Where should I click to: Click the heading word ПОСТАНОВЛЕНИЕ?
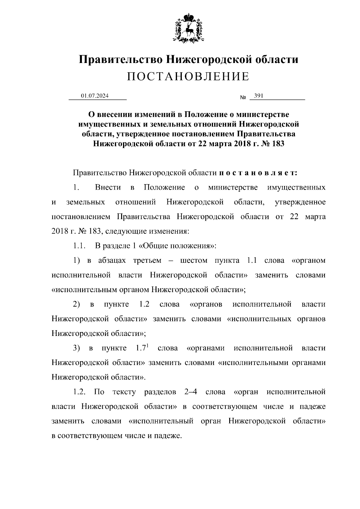pyautogui.click(x=188, y=77)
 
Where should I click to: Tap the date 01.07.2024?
pyautogui.click(x=94, y=96)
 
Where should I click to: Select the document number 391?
pyautogui.click(x=259, y=96)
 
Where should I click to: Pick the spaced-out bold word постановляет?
pyautogui.click(x=258, y=173)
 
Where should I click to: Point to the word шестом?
pyautogui.click(x=193, y=260)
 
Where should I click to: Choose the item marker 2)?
pyautogui.click(x=76, y=304)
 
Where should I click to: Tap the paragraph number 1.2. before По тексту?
pyautogui.click(x=80, y=392)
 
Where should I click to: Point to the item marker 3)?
pyautogui.click(x=76, y=348)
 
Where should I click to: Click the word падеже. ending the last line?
pyautogui.click(x=168, y=436)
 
